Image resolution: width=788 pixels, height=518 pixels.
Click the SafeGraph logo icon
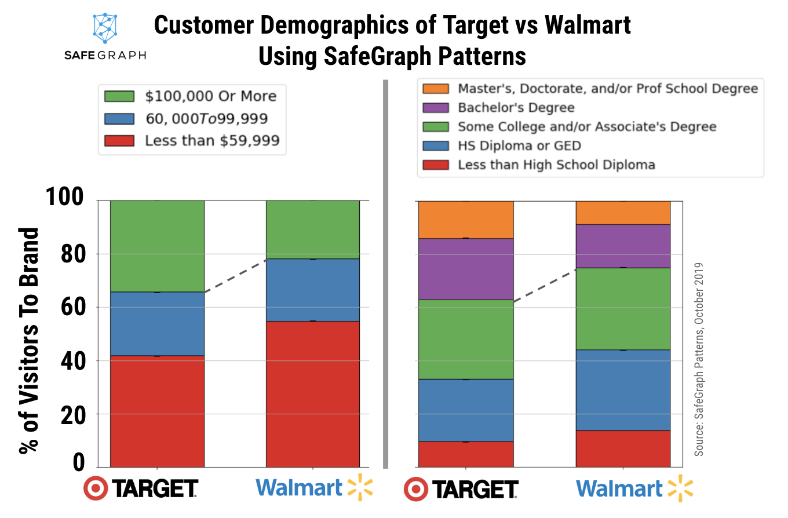(104, 28)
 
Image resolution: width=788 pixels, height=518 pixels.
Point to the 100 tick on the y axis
(65, 200)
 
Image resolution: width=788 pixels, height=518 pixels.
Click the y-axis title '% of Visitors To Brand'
(29, 341)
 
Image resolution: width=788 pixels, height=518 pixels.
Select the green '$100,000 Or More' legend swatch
(119, 96)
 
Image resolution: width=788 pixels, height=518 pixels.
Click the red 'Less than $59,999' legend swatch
(119, 141)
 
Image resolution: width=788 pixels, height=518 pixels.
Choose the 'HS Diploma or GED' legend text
(519, 145)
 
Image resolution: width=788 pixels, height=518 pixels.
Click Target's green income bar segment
(157, 246)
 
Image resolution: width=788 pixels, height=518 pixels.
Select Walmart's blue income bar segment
(313, 290)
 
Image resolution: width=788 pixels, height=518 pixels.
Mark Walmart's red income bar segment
(313, 394)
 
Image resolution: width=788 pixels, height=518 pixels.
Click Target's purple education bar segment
(466, 269)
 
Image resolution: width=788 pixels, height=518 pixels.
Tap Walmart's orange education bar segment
(623, 212)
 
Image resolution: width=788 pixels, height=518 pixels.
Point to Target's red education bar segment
(466, 454)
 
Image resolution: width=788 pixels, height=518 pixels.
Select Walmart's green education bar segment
(623, 309)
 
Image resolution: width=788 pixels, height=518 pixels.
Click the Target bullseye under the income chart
(95, 488)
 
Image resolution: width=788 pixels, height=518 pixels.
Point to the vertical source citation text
(699, 359)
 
